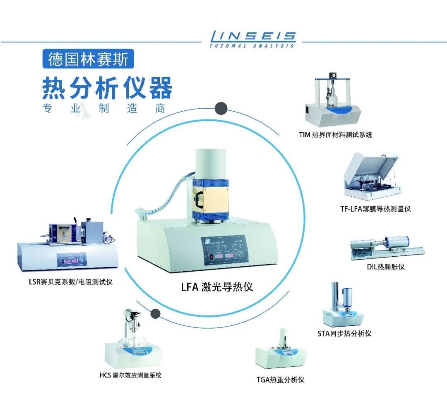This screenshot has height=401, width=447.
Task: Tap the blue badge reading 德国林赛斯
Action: click(88, 59)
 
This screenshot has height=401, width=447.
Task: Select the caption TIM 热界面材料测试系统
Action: click(336, 135)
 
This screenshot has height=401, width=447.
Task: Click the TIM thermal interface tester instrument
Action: click(333, 100)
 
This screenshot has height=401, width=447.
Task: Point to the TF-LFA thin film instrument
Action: click(373, 176)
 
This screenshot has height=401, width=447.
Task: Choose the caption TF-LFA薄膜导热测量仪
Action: click(375, 209)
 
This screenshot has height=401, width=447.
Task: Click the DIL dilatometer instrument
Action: click(387, 248)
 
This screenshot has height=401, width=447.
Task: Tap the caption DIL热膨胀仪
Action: click(386, 267)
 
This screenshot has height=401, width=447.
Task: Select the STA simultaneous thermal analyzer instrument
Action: click(343, 305)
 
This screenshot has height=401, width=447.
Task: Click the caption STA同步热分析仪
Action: click(344, 334)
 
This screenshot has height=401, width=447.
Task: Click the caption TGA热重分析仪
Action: click(281, 380)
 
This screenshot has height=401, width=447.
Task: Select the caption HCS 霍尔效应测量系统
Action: click(130, 375)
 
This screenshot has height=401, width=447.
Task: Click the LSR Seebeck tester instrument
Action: click(68, 244)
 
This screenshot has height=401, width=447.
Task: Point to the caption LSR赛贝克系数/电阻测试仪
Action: click(71, 282)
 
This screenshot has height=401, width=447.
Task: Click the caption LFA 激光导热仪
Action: click(217, 287)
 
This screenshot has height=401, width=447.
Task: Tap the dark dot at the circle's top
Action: click(221, 108)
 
